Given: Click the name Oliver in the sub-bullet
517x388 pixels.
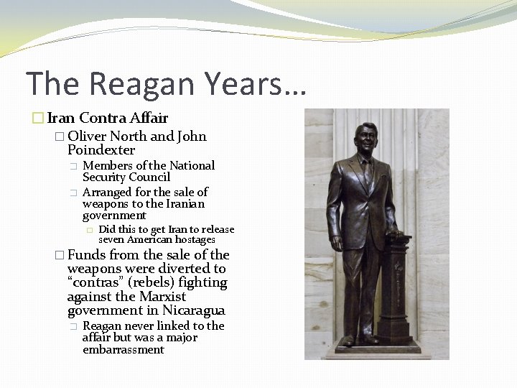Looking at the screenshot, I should click(x=88, y=136).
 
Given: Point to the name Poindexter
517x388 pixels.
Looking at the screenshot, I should click(x=101, y=150).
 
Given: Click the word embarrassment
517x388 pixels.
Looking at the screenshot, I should click(x=123, y=350).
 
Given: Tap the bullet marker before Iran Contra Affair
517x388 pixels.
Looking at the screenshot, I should click(x=40, y=119).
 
